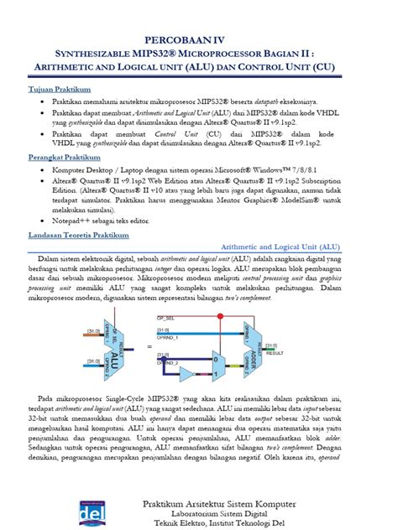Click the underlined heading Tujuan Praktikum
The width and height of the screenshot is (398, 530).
[x=60, y=88]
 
